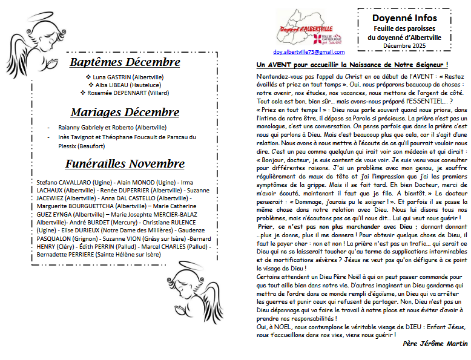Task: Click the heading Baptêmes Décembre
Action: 125,62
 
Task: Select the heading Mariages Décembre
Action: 125,113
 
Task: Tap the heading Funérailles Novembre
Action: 125,164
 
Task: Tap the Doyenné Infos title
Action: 404,18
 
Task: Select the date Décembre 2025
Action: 404,45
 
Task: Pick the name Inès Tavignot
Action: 83,137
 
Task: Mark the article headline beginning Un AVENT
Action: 352,64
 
